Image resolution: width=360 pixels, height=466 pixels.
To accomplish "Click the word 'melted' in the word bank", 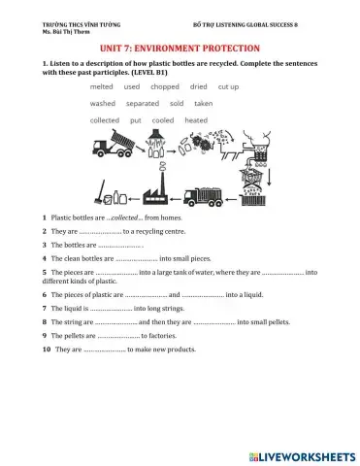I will tap(102, 86).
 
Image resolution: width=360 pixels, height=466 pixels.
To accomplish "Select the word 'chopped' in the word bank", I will tap(164, 86).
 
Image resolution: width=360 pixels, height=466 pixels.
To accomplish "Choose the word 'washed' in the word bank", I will tap(102, 103).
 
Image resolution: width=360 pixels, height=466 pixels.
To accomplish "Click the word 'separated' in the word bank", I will tap(143, 103).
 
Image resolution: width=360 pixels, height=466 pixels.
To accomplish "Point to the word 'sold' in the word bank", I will tap(177, 103).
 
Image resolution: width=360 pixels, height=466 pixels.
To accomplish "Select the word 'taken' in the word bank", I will tap(204, 103).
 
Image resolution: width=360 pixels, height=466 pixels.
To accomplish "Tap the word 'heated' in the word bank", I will tap(196, 120).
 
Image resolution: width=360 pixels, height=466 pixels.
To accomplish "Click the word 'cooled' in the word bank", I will tap(163, 120).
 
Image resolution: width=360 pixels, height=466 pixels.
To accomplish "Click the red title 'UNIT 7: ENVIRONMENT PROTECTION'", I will tap(180, 47).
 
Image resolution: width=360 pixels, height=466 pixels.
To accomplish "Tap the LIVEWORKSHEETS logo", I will tap(301, 454).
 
